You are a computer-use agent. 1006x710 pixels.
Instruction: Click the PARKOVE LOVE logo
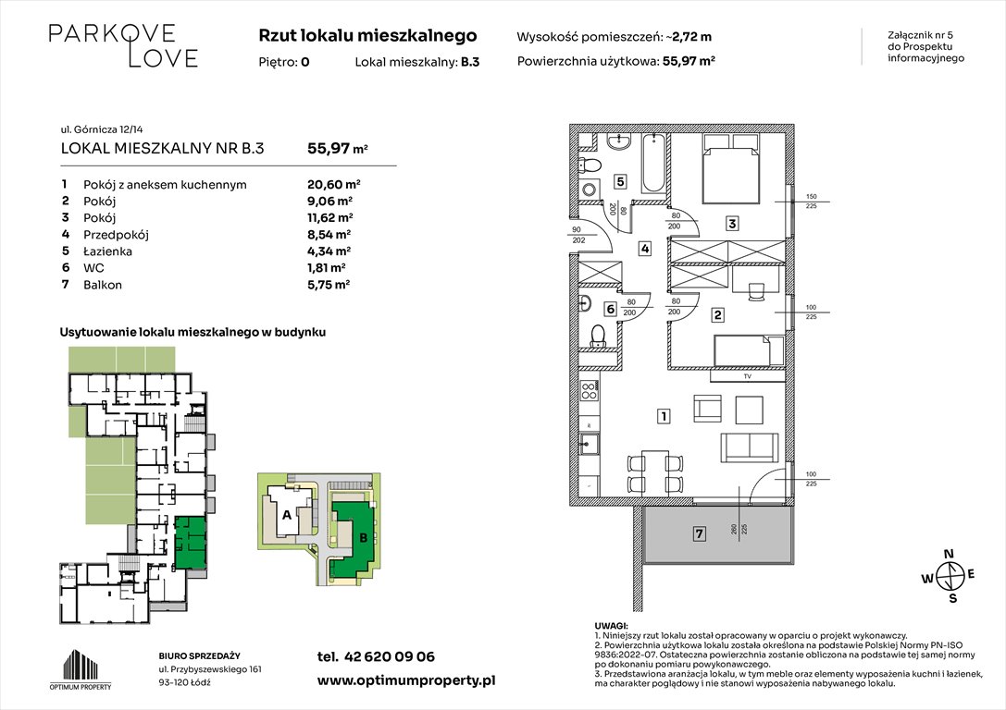123,45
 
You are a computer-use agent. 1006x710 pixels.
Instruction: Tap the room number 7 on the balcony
700,533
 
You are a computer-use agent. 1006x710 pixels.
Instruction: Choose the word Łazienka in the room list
108,251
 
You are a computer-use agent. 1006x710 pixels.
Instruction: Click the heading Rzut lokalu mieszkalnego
367,36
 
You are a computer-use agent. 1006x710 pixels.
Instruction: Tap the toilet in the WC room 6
597,334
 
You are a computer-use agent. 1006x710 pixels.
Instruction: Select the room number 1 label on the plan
664,417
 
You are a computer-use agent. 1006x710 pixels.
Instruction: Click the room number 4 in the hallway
644,248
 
